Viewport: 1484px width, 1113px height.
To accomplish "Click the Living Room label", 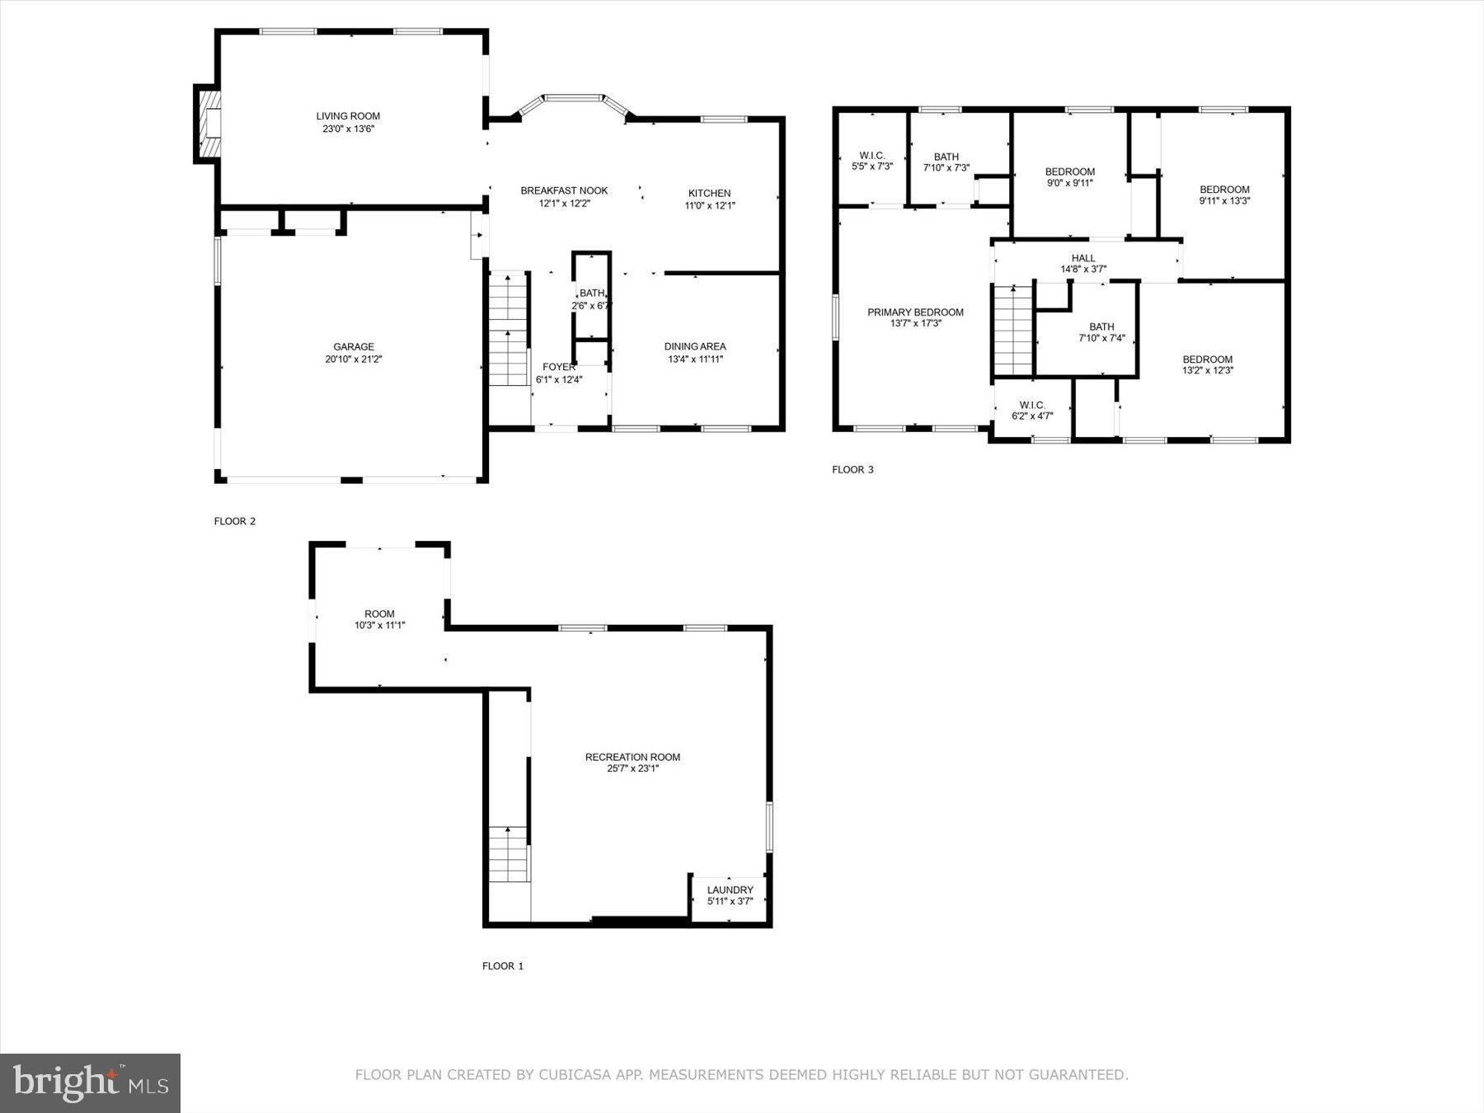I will (348, 116).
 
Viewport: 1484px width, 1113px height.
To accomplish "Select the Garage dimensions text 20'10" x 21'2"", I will (353, 359).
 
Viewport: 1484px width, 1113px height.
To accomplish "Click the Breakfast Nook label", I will (564, 190).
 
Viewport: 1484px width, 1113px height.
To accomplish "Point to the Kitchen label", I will (709, 194).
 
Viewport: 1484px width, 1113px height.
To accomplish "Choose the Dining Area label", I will (695, 346).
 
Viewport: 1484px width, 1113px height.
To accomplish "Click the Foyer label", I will (558, 367).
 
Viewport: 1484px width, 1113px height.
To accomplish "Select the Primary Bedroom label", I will (915, 312).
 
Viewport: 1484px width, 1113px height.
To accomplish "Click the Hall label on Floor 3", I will (1083, 258).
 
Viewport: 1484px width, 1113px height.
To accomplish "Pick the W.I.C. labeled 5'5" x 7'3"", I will (871, 161).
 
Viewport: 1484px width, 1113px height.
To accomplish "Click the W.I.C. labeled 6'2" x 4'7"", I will (1032, 411).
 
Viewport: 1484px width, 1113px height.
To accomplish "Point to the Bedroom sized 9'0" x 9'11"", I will (1069, 177).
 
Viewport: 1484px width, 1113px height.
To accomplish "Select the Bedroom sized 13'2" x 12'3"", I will (1207, 364).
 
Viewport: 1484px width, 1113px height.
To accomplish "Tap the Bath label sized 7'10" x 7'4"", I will (1101, 332).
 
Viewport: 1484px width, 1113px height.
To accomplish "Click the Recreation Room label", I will (632, 757).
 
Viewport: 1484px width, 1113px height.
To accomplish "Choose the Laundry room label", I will (730, 890).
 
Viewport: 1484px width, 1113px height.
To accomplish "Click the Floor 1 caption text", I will (503, 965).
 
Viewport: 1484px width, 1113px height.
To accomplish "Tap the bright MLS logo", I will (91, 1083).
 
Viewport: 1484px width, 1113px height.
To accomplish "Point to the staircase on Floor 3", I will (1013, 330).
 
